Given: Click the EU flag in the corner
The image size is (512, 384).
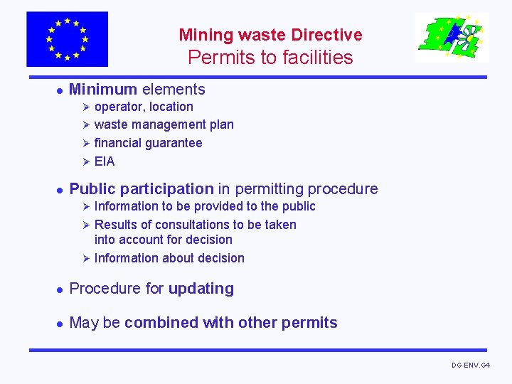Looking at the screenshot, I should [67, 39].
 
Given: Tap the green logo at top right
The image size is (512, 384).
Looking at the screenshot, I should [452, 38].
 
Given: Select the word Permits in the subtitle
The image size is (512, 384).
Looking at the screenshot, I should [214, 58].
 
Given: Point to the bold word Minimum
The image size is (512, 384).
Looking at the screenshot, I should [103, 90].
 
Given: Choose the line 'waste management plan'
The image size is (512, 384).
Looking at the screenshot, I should [164, 124].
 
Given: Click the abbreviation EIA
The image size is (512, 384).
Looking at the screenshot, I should [105, 161].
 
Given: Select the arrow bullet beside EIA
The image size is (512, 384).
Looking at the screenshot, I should [83, 161].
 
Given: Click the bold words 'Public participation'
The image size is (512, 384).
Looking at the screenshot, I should [142, 189].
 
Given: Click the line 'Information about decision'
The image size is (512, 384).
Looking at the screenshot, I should [169, 258].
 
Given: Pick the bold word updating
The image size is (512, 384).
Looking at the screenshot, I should [201, 289].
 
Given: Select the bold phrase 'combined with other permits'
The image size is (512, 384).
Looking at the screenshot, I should [231, 323].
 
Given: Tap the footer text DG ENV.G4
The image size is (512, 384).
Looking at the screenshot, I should [471, 366].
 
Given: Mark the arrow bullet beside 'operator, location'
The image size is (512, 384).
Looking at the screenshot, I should [83, 107].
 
